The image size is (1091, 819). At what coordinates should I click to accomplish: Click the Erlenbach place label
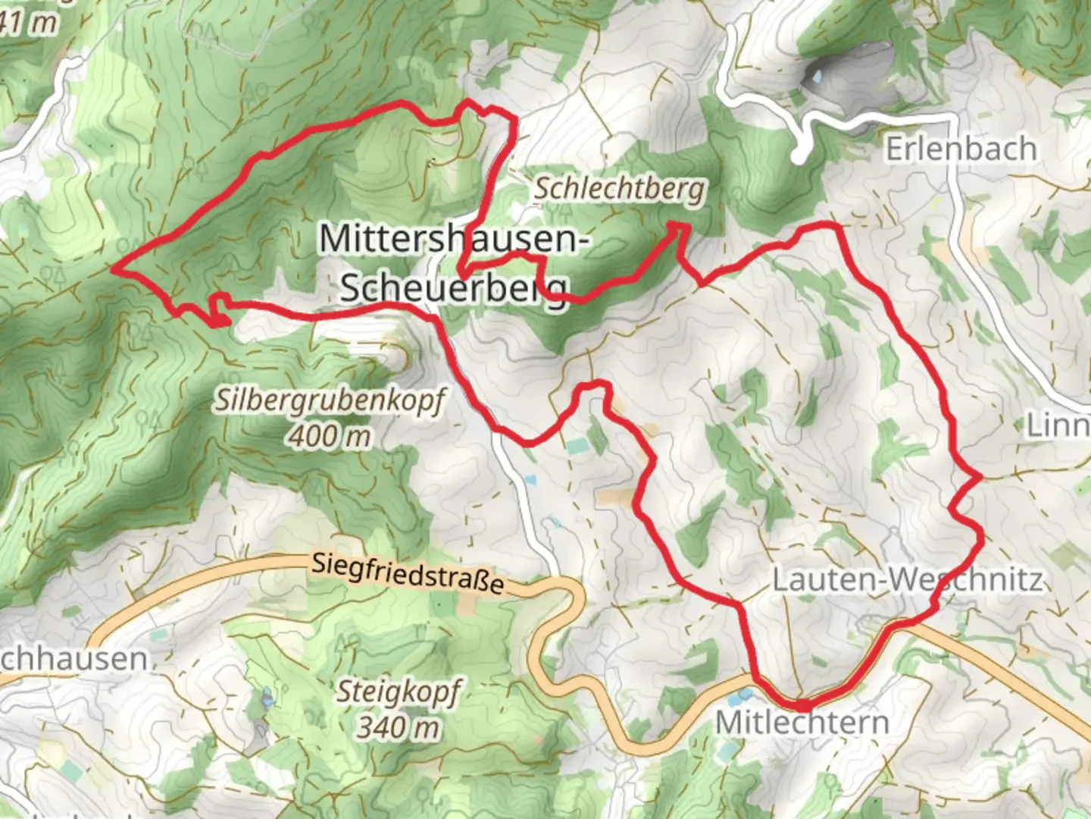(961, 149)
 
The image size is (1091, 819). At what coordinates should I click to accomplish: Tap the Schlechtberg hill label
(619, 189)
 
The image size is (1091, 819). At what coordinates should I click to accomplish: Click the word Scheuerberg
(453, 288)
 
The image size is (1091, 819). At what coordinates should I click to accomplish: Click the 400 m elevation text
(329, 437)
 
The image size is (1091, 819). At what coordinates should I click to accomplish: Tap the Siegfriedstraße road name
(408, 573)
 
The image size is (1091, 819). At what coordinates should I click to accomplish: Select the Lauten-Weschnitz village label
(907, 581)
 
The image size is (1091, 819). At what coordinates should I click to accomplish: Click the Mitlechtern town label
(802, 723)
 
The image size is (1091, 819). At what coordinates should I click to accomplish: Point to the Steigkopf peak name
(399, 692)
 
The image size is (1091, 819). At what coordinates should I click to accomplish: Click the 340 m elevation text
(399, 728)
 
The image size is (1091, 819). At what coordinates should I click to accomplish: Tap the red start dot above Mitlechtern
(802, 705)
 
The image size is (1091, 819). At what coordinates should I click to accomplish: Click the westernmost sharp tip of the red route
(114, 268)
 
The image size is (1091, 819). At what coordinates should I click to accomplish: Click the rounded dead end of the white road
(799, 158)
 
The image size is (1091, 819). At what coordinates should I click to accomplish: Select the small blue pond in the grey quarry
(815, 77)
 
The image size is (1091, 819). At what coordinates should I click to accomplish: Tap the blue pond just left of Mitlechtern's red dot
(746, 694)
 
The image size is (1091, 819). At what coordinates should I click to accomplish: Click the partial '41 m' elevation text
(29, 23)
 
